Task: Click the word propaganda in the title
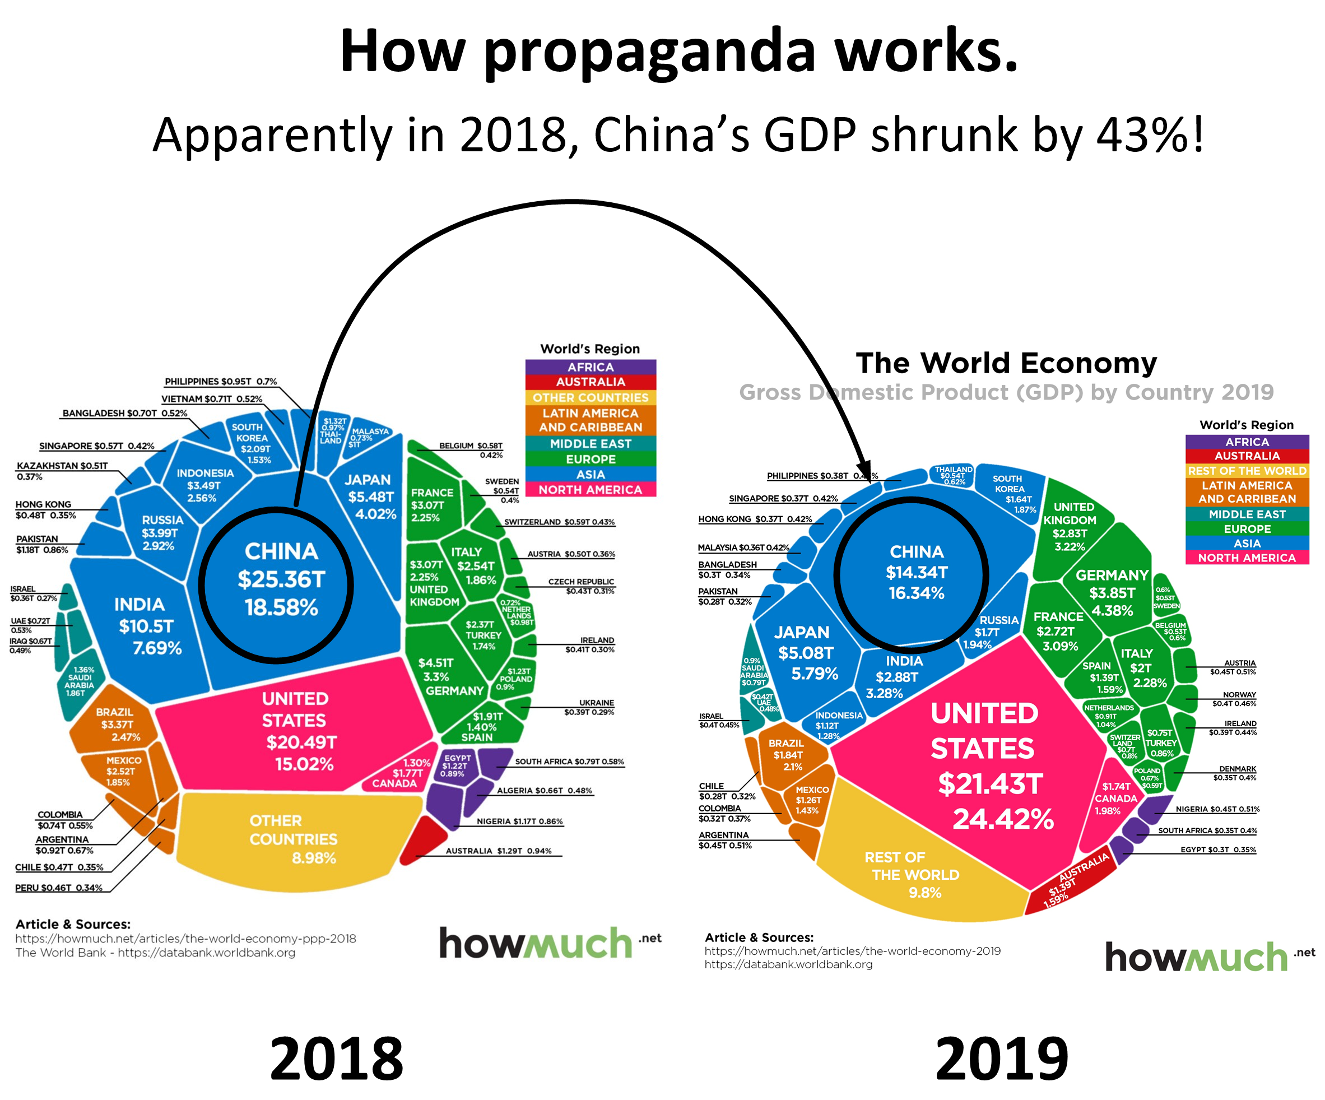(650, 52)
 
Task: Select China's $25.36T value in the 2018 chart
(281, 579)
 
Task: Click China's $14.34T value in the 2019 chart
(916, 572)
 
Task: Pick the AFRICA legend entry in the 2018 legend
(590, 366)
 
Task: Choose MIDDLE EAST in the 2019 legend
(1246, 514)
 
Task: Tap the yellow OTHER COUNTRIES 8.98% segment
(294, 839)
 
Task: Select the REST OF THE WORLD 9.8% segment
(915, 875)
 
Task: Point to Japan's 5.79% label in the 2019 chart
(815, 674)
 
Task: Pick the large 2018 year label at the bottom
(336, 1059)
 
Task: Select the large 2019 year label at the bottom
(1001, 1059)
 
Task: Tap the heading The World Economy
(1006, 364)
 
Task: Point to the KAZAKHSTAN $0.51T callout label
(62, 466)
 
